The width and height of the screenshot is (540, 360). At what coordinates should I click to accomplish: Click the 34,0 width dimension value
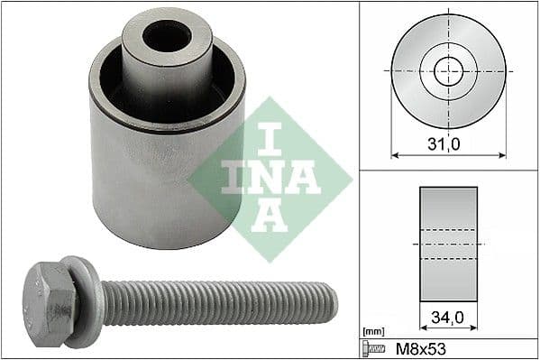[448, 317]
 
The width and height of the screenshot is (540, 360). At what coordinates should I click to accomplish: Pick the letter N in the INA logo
[270, 175]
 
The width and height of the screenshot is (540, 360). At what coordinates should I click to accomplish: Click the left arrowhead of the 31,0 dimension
[394, 152]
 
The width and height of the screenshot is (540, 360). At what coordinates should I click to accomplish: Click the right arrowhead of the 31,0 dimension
[502, 152]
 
